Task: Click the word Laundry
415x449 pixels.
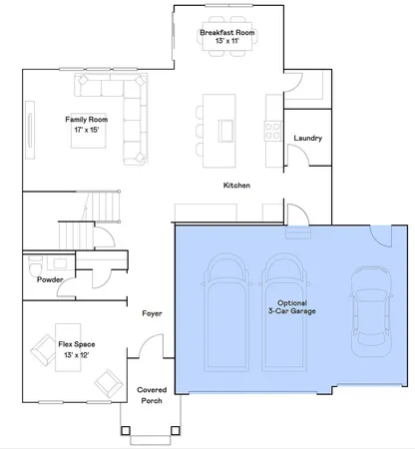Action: coord(307,138)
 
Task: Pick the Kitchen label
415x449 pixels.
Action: coord(236,187)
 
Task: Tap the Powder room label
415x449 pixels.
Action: coord(51,280)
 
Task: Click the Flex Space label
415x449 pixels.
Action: coord(70,343)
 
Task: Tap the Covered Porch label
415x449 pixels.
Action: coord(152,395)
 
